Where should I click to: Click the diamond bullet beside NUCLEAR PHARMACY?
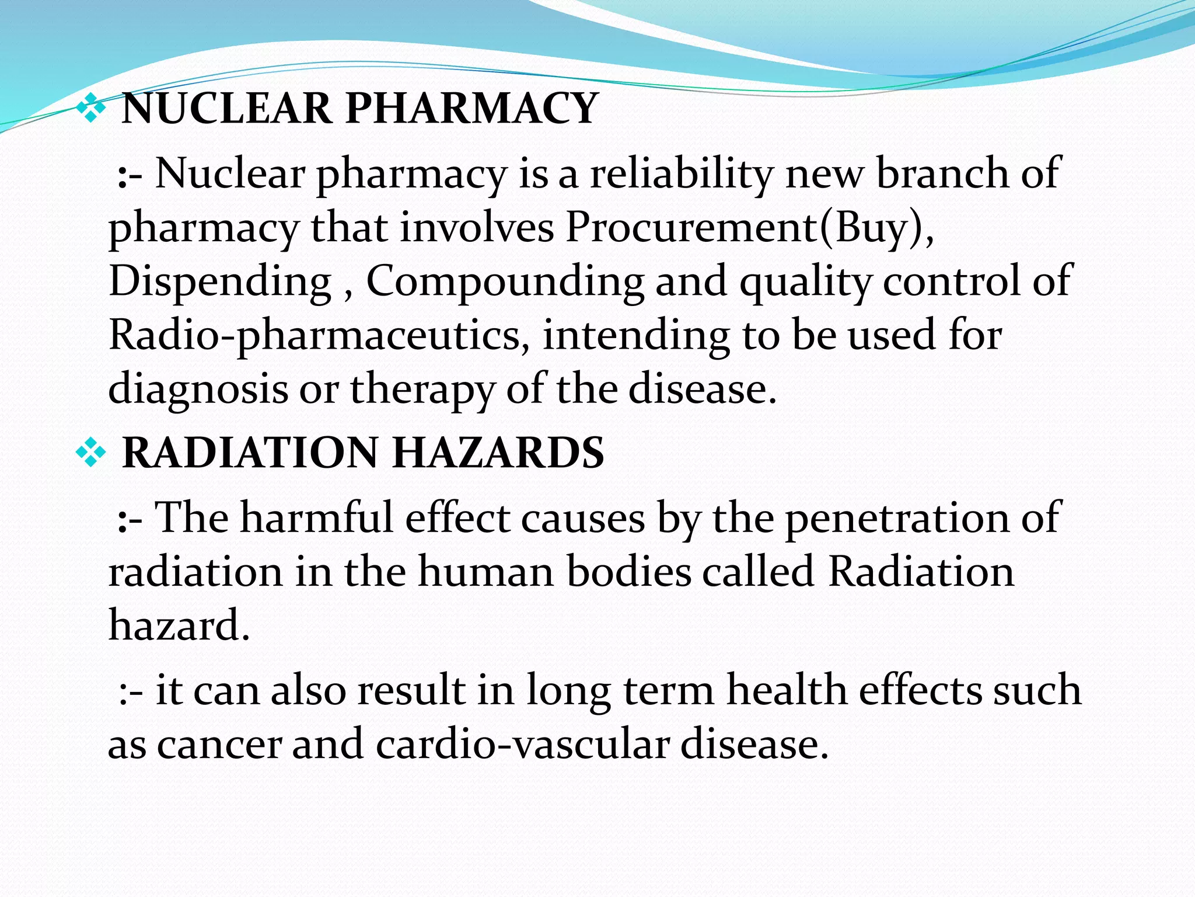(x=92, y=109)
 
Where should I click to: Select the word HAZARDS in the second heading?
(x=498, y=453)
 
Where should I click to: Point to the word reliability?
(x=681, y=174)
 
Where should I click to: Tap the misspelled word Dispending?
(x=220, y=282)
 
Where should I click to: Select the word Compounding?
(x=505, y=282)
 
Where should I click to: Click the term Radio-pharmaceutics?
(x=319, y=336)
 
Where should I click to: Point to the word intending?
(x=636, y=336)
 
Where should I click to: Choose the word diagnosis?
(x=198, y=390)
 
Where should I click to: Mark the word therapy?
(x=422, y=390)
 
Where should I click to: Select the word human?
(x=485, y=572)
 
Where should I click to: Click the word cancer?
(x=219, y=745)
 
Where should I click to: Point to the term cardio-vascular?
(x=522, y=745)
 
